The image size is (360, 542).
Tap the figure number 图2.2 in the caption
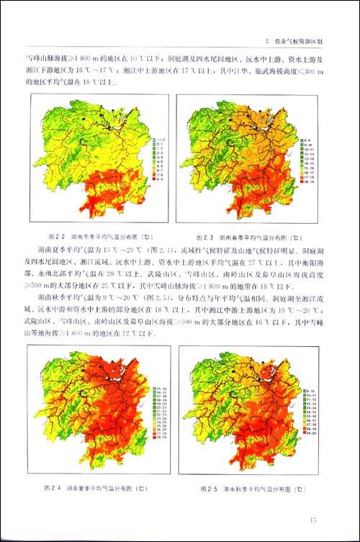coord(56,237)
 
